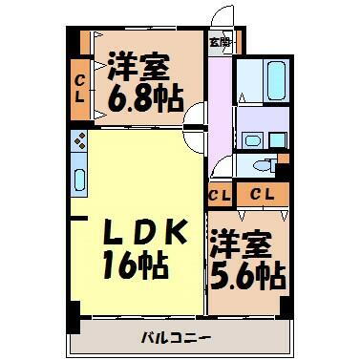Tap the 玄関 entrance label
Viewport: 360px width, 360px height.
click(220, 43)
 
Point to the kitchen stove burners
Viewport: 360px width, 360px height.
click(79, 144)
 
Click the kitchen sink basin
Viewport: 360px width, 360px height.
click(79, 179)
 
